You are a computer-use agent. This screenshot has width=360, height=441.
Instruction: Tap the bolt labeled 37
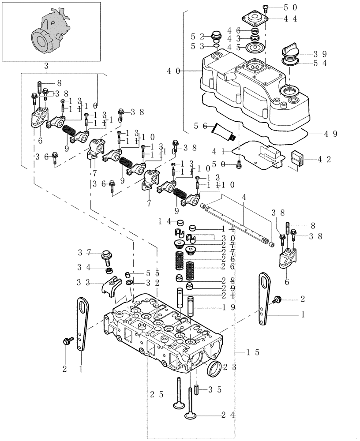click(x=106, y=254)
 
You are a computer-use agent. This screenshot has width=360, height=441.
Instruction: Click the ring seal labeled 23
click(x=214, y=369)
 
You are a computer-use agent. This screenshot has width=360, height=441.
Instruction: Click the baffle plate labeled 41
click(x=258, y=154)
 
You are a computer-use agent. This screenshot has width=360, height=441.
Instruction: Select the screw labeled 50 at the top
click(x=266, y=7)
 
